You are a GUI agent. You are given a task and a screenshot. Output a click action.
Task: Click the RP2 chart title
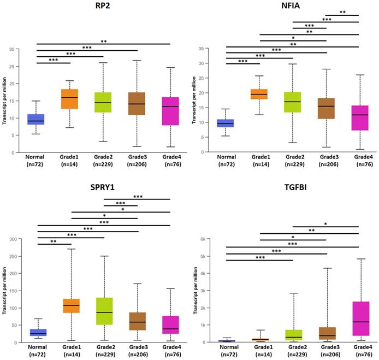click(103, 7)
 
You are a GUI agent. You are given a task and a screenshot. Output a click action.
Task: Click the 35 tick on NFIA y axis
click(207, 49)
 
